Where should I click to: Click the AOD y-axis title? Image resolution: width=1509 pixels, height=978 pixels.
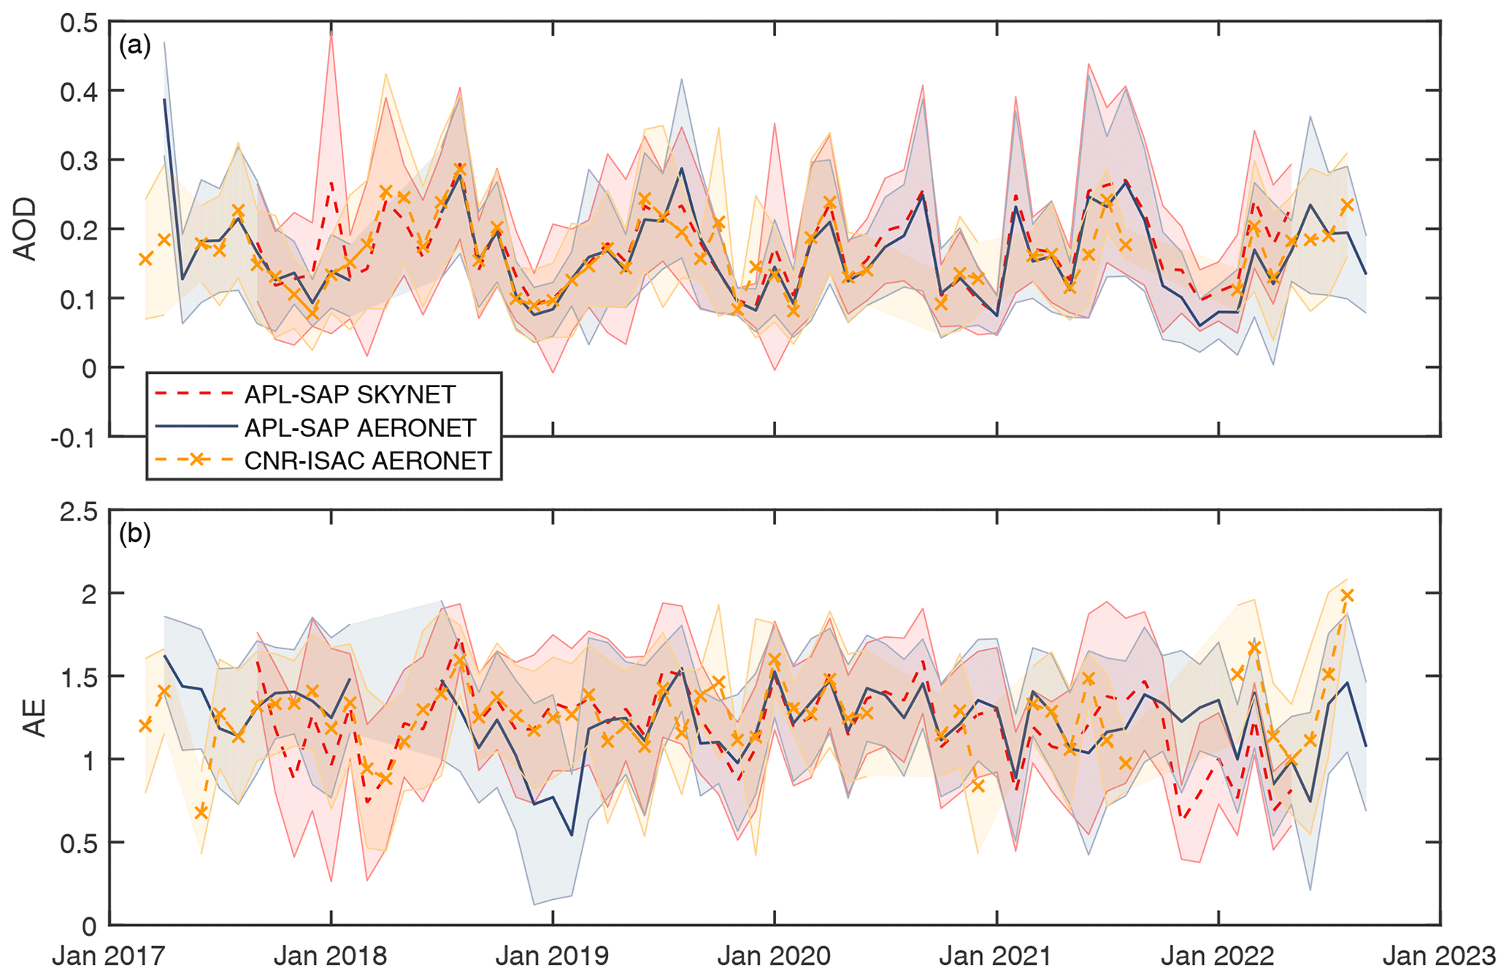pyautogui.click(x=26, y=229)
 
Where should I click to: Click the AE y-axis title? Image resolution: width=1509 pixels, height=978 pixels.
pyautogui.click(x=34, y=718)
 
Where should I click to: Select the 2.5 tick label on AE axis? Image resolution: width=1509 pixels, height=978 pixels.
pyautogui.click(x=79, y=511)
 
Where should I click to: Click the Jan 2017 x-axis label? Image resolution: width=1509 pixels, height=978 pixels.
pyautogui.click(x=109, y=955)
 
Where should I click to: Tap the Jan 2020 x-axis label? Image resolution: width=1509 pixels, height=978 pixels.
pyautogui.click(x=774, y=955)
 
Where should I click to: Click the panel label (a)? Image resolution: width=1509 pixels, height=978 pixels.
pyautogui.click(x=135, y=46)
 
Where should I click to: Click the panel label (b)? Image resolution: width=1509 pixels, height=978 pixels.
pyautogui.click(x=135, y=534)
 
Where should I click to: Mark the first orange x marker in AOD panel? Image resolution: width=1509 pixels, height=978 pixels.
pyautogui.click(x=146, y=259)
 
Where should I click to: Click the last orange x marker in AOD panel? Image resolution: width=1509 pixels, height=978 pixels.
pyautogui.click(x=1347, y=205)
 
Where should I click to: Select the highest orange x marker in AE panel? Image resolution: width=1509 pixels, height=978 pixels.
pyautogui.click(x=1347, y=595)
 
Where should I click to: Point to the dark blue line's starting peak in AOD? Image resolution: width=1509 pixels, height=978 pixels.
pyautogui.click(x=164, y=99)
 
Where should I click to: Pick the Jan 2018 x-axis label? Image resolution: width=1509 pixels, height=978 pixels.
pyautogui.click(x=331, y=955)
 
